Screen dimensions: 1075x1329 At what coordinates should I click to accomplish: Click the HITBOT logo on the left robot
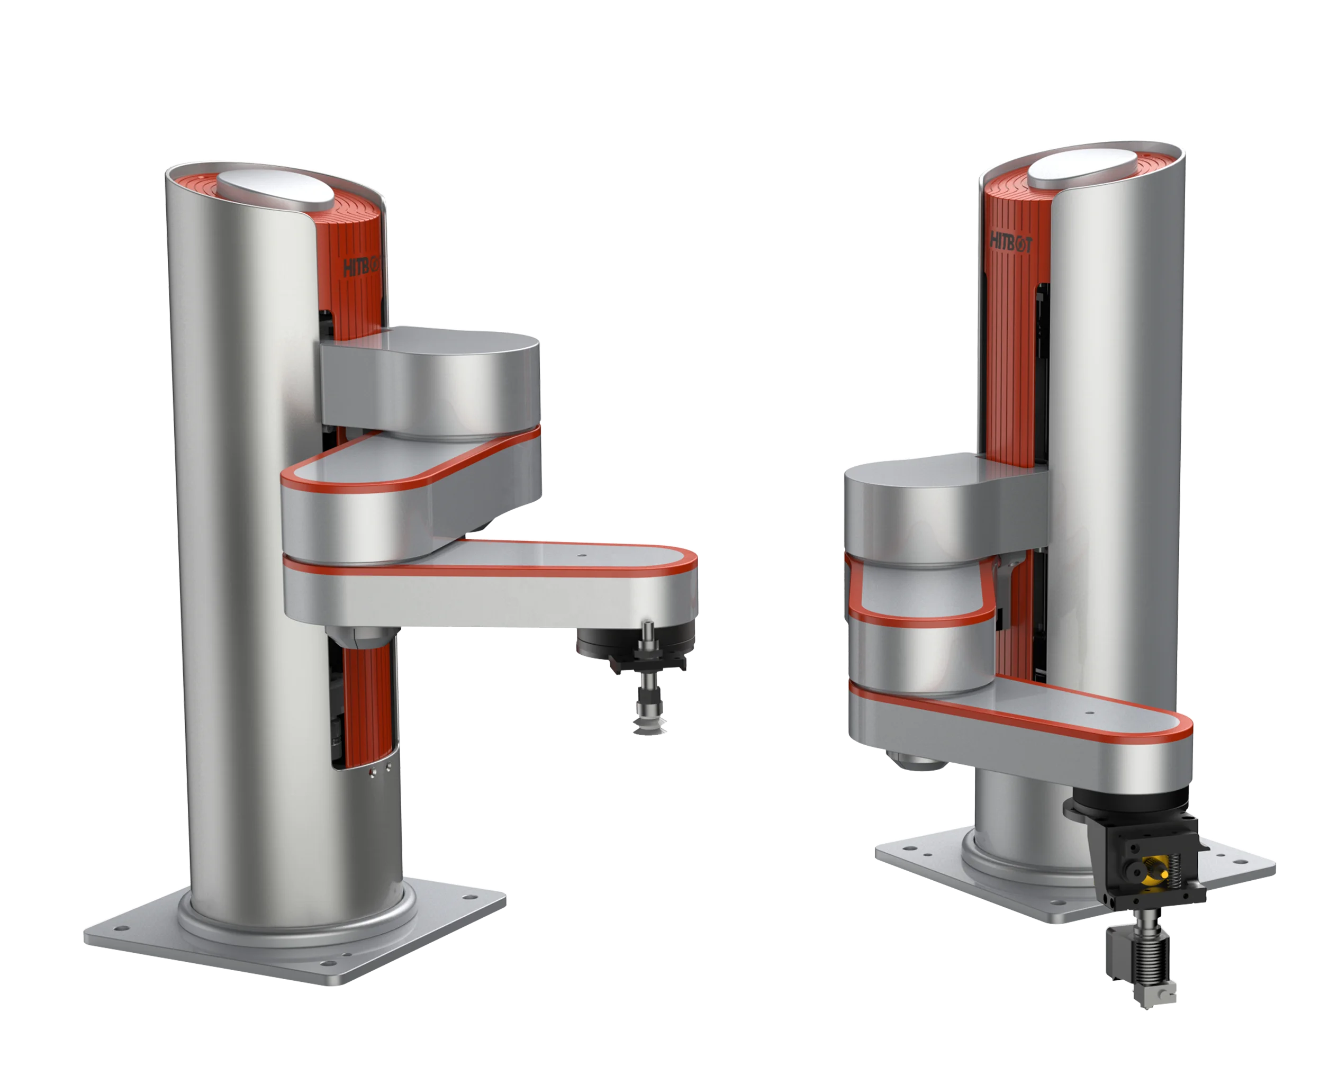pyautogui.click(x=361, y=267)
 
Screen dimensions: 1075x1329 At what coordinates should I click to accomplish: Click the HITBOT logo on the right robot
pyautogui.click(x=1010, y=241)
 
